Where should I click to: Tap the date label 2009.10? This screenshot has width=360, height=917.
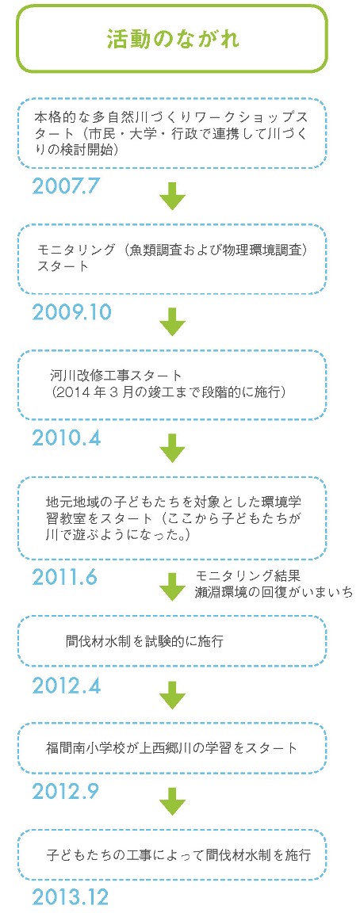(72, 312)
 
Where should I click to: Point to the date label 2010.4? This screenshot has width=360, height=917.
(67, 438)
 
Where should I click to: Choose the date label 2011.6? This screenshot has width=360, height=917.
(65, 577)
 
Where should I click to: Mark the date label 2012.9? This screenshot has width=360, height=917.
(66, 791)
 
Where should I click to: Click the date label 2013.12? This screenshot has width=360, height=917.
(71, 897)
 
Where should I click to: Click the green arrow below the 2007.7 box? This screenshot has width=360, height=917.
(172, 195)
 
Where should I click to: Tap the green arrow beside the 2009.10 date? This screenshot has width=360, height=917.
(172, 322)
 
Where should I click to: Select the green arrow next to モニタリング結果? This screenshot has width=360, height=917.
(172, 586)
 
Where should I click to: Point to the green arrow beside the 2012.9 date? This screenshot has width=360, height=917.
(172, 801)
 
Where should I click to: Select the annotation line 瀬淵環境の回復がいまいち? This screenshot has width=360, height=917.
(274, 591)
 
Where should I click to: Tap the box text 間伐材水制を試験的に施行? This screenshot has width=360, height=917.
(144, 641)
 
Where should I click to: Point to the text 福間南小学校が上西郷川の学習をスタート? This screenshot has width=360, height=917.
(172, 747)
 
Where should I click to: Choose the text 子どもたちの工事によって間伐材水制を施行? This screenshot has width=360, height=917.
(178, 854)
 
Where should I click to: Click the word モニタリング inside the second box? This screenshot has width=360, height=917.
(74, 250)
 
